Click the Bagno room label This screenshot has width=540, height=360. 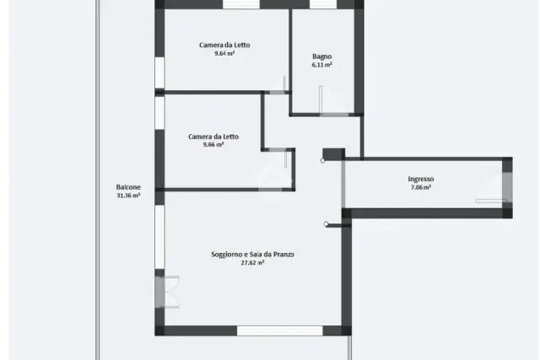point(322,56)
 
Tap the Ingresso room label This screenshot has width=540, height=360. point(421,179)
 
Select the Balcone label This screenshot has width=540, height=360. point(128,187)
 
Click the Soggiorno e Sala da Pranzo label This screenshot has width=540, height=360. point(252,255)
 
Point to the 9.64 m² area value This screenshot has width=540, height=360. point(224,53)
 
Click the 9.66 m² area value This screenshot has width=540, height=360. point(213,144)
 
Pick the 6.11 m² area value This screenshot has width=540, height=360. point(322,65)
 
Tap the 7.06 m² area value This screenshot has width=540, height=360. point(421,187)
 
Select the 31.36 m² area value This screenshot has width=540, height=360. point(128,196)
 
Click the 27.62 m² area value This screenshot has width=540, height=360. point(252,262)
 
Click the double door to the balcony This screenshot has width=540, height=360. point(167,292)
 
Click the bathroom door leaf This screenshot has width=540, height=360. point(321,99)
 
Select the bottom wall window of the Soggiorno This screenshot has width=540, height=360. point(279,330)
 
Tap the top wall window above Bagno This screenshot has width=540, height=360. point(322,4)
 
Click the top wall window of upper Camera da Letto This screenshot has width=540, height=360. point(241,4)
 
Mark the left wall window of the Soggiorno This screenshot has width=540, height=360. point(159,237)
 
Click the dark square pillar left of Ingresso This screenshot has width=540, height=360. point(334,153)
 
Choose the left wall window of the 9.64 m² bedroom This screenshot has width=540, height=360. point(159,73)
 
